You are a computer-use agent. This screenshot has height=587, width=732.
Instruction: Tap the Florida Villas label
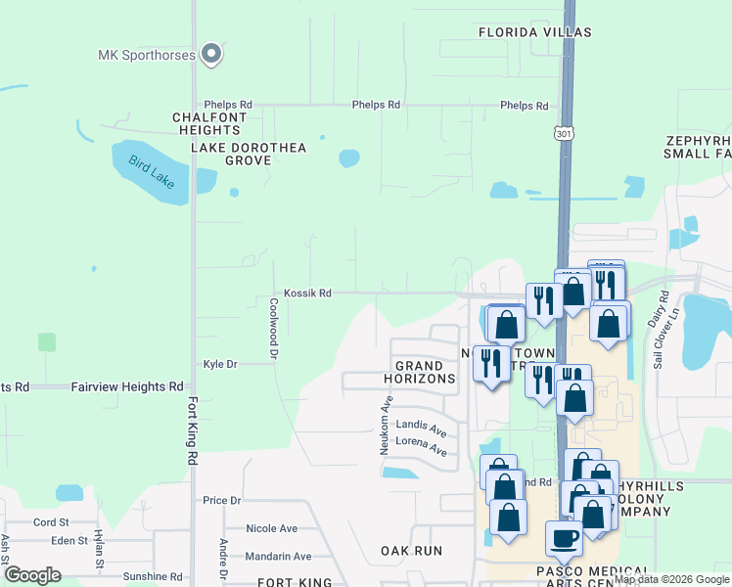click(x=534, y=32)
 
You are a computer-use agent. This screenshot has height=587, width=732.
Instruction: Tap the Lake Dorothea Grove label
click(x=248, y=154)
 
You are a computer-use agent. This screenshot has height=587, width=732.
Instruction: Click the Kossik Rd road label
click(x=307, y=293)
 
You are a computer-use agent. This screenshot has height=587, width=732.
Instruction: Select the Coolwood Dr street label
click(x=274, y=326)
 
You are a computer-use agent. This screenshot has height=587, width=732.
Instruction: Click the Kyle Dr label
click(x=220, y=364)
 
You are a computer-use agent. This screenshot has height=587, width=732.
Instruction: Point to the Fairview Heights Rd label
click(x=127, y=387)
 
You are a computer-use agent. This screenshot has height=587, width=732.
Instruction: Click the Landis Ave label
click(x=421, y=428)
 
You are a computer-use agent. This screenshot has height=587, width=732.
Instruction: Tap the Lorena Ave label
click(x=421, y=451)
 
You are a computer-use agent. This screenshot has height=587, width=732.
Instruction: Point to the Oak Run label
click(x=412, y=551)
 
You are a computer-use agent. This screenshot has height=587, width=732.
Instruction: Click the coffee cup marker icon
click(x=564, y=536)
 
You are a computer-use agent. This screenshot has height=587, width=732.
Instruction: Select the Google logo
click(x=32, y=575)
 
